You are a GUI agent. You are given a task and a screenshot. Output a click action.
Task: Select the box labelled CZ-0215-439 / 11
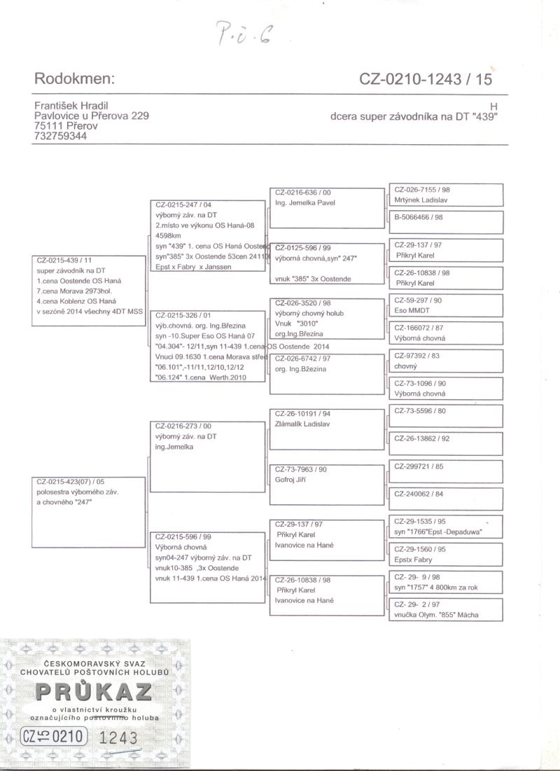coord(90,291)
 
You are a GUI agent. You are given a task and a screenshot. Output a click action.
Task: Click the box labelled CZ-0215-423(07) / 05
coord(90,511)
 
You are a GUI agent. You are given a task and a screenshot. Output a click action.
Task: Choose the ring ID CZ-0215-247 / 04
coord(183,205)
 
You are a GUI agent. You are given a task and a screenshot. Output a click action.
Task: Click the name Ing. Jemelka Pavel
coord(305,203)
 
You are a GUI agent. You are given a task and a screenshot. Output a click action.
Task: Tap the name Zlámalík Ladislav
coord(303,424)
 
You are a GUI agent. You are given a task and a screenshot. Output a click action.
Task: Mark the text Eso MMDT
coord(412,310)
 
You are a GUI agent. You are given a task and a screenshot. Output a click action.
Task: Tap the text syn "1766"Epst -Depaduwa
coord(439,532)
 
